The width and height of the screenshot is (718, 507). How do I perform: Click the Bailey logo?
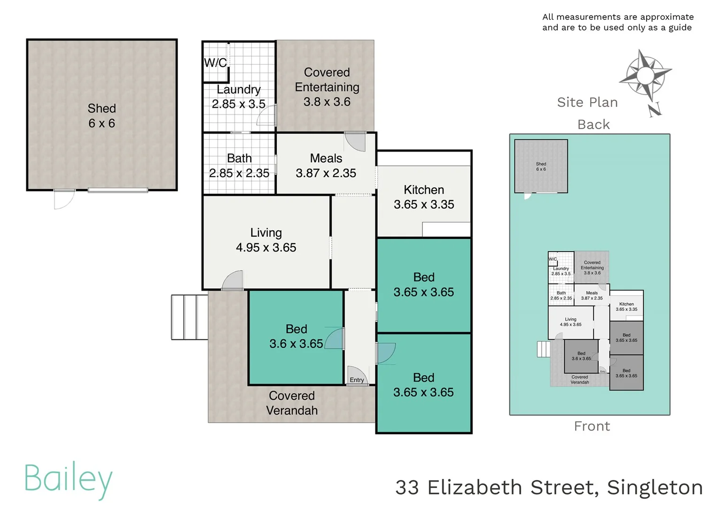(69, 480)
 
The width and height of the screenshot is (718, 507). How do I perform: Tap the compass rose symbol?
(646, 76)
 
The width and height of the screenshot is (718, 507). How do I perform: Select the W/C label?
(215, 63)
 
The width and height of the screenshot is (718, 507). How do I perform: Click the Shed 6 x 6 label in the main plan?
(101, 116)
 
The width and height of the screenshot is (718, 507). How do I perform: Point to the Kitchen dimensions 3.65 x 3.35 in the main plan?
(424, 205)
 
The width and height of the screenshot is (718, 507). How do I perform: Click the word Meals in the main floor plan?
(326, 159)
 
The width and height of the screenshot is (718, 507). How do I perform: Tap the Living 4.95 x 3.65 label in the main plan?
(266, 240)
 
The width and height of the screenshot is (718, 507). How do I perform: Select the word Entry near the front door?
(357, 380)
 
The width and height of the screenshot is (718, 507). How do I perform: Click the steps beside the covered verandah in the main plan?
(189, 317)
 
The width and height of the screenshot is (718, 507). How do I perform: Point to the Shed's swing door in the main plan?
(64, 199)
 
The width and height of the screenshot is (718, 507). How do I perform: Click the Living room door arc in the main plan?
(234, 281)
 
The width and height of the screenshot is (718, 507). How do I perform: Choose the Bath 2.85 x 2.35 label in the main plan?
(239, 166)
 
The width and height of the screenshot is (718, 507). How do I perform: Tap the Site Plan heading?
(587, 102)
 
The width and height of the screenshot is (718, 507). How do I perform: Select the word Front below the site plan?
(592, 426)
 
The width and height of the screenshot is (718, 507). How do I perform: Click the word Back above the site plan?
(593, 124)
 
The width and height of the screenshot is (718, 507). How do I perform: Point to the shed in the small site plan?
(541, 166)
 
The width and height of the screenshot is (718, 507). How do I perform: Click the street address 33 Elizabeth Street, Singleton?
(549, 487)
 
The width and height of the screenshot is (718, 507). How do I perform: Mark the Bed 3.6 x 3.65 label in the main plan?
(296, 337)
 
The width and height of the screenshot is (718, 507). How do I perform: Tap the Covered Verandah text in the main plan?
(292, 403)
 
